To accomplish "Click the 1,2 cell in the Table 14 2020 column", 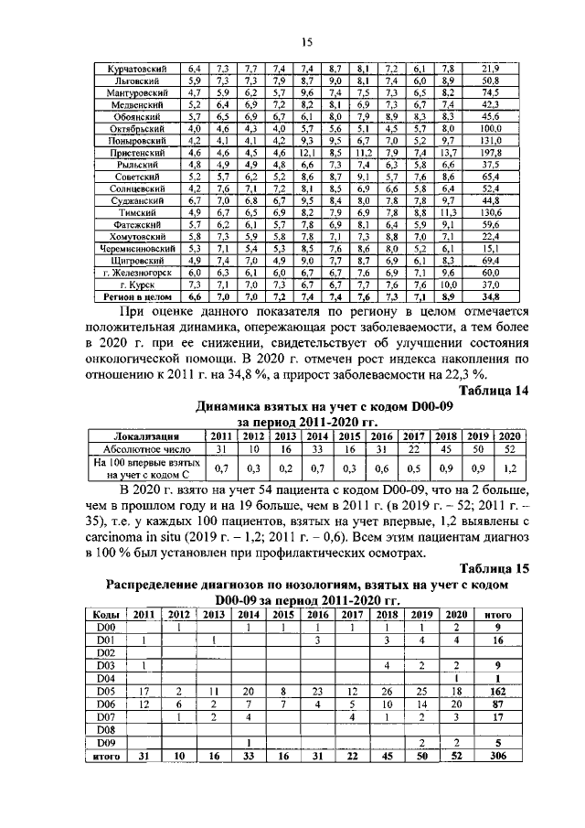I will [509, 468].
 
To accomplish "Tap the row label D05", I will [105, 693].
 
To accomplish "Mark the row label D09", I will [105, 744].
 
